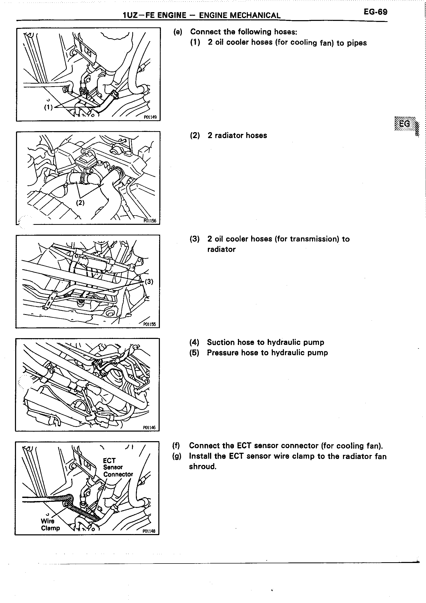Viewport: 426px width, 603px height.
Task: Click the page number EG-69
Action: click(x=375, y=12)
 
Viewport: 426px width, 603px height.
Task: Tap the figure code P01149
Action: click(x=150, y=117)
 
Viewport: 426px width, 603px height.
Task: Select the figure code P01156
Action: click(x=150, y=221)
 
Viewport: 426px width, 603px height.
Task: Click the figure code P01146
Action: click(x=149, y=427)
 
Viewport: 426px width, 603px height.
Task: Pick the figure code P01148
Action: click(x=149, y=531)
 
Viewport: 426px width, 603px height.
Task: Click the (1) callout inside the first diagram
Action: click(x=48, y=107)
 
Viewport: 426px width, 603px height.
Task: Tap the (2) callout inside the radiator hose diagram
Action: click(x=80, y=202)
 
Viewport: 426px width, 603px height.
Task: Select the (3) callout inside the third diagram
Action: click(x=149, y=282)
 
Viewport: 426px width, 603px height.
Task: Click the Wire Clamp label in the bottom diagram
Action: click(x=50, y=525)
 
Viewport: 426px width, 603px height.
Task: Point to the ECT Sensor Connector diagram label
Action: click(x=118, y=467)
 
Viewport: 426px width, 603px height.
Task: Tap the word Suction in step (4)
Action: click(x=220, y=342)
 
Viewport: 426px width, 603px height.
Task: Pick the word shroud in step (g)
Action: click(x=202, y=466)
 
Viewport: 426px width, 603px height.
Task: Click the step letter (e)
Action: click(x=178, y=32)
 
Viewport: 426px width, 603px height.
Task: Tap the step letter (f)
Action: click(x=176, y=446)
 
